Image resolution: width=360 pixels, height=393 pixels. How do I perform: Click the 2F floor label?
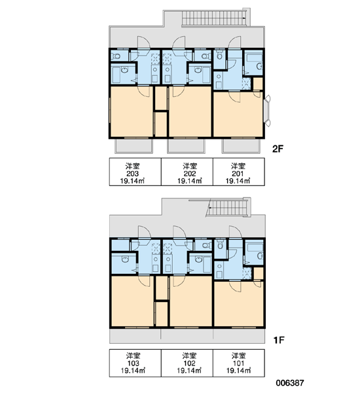pyautogui.click(x=278, y=149)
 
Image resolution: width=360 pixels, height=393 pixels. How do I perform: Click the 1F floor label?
pyautogui.click(x=279, y=340)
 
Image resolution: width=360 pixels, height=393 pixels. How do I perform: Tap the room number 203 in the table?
pyautogui.click(x=132, y=174)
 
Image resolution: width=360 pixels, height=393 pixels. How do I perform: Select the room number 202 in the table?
pyautogui.click(x=190, y=174)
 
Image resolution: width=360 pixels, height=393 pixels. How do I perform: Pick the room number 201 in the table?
pyautogui.click(x=238, y=174)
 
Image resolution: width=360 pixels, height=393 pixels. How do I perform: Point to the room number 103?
pyautogui.click(x=134, y=363)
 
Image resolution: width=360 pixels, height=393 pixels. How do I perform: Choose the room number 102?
pyautogui.click(x=189, y=363)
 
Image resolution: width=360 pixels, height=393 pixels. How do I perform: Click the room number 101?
pyautogui.click(x=238, y=363)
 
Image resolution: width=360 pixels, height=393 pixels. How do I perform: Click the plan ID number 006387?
pyautogui.click(x=290, y=383)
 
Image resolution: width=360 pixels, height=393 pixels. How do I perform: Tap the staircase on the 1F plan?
pyautogui.click(x=228, y=208)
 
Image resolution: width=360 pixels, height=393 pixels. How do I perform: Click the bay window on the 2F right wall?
pyautogui.click(x=267, y=111)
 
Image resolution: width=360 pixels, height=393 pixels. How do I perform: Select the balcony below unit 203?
pyautogui.click(x=134, y=145)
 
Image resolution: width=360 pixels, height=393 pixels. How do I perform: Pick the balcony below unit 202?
pyautogui.click(x=186, y=145)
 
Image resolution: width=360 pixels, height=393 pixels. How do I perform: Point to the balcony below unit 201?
pyautogui.click(x=241, y=145)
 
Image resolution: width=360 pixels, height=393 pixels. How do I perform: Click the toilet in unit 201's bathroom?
pyautogui.click(x=220, y=55)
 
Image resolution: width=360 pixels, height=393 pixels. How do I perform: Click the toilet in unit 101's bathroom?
pyautogui.click(x=220, y=244)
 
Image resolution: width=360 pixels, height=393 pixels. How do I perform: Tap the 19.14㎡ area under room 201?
pyautogui.click(x=238, y=181)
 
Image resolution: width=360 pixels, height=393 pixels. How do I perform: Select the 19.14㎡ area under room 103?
pyautogui.click(x=134, y=371)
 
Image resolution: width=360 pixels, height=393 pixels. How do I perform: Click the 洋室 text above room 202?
pyautogui.click(x=190, y=166)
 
